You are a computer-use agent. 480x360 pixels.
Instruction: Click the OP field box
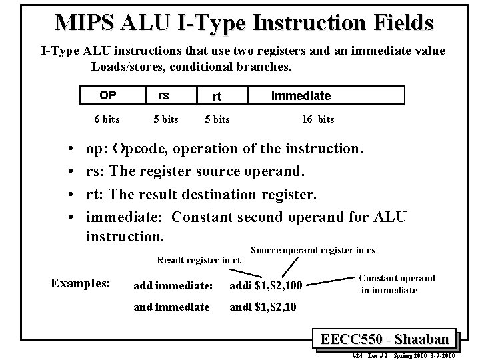tap(107, 95)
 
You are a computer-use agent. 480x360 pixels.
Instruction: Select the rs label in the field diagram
tap(163, 95)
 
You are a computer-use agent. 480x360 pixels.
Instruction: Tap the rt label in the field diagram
tap(216, 97)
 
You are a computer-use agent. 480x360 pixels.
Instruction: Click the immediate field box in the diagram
tap(300, 96)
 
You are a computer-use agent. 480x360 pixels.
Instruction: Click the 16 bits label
tap(318, 119)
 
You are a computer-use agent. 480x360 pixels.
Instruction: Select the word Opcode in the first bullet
tap(155, 148)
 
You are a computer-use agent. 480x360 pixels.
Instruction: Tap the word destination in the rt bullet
tap(244, 194)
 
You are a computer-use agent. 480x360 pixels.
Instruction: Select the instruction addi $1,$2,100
tap(266, 286)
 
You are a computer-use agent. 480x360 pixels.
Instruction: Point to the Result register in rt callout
tap(198, 260)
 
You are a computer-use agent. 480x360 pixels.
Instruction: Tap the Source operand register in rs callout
tap(313, 250)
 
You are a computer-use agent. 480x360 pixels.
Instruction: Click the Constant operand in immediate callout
tap(397, 284)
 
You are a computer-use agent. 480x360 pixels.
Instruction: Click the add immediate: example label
tap(173, 286)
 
